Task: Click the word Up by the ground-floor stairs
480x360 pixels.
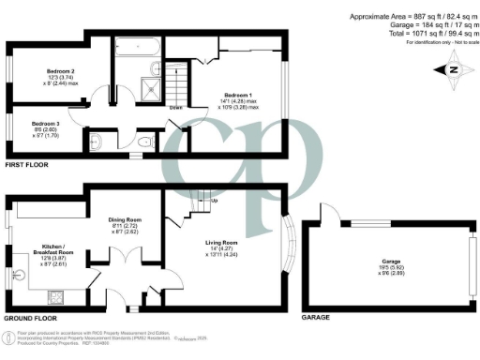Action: point(215,200)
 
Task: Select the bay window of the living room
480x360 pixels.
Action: point(292,249)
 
